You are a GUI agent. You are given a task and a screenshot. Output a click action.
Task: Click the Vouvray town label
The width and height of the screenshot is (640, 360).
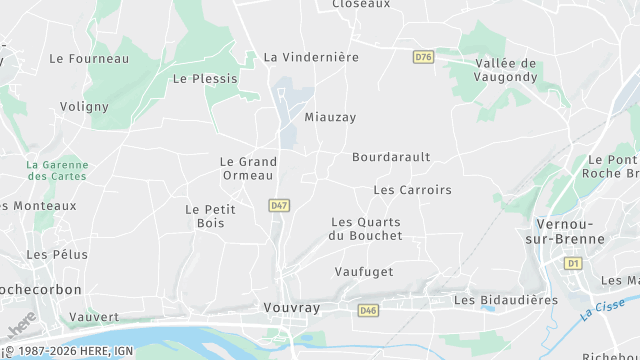click(291, 308)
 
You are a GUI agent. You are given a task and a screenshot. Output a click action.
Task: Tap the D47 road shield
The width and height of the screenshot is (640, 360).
click(279, 205)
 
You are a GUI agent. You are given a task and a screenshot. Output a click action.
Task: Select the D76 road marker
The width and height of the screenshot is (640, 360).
click(423, 57)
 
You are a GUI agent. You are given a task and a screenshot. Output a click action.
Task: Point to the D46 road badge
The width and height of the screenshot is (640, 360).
click(369, 311)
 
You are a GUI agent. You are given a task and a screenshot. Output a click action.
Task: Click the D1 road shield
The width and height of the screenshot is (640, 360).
click(573, 263)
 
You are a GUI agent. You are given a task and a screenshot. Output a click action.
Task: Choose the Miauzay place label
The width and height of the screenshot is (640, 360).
click(330, 117)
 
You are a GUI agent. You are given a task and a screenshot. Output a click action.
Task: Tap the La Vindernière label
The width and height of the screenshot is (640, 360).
click(311, 57)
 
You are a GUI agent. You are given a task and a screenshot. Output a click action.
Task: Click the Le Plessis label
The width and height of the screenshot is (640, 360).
click(205, 78)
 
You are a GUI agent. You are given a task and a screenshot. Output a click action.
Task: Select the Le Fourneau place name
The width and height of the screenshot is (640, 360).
click(89, 59)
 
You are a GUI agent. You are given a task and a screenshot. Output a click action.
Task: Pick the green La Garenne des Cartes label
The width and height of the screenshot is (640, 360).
click(56, 170)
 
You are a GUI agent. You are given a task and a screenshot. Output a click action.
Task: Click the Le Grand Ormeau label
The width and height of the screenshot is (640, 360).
click(247, 168)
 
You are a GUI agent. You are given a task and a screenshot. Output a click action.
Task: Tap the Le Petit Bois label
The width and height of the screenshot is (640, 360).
click(205, 216)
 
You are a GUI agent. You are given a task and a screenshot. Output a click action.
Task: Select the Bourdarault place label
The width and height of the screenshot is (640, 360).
click(391, 157)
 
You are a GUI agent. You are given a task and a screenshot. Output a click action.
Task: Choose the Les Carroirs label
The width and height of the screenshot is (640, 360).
click(412, 189)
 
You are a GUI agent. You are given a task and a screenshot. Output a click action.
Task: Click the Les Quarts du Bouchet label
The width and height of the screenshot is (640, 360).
click(366, 228)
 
